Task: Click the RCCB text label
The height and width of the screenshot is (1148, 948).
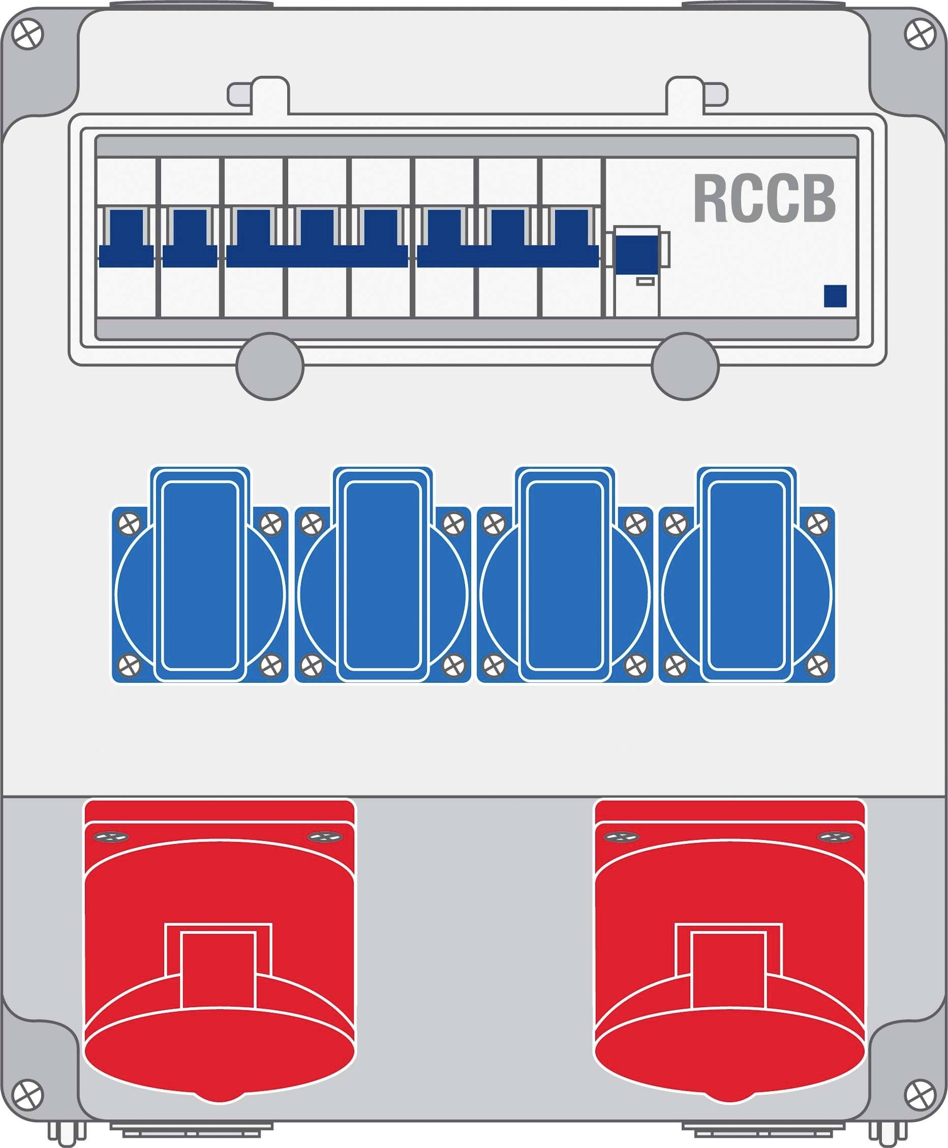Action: [764, 199]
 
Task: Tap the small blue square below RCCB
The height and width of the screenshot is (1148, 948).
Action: [835, 296]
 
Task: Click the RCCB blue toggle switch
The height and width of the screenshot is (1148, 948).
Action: [637, 253]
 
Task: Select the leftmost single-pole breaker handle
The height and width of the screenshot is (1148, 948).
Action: [126, 238]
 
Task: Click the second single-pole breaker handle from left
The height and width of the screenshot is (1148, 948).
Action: [190, 238]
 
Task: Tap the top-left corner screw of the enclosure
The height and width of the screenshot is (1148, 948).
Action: [27, 35]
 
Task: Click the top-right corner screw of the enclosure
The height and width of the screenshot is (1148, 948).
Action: [921, 35]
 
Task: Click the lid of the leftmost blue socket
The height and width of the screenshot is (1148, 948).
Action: [200, 575]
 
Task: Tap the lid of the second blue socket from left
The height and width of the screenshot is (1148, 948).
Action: [383, 575]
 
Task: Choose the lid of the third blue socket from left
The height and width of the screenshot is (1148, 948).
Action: [565, 575]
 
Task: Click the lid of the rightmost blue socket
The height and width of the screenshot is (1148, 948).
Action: [747, 575]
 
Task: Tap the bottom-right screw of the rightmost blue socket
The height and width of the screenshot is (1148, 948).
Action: [817, 665]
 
